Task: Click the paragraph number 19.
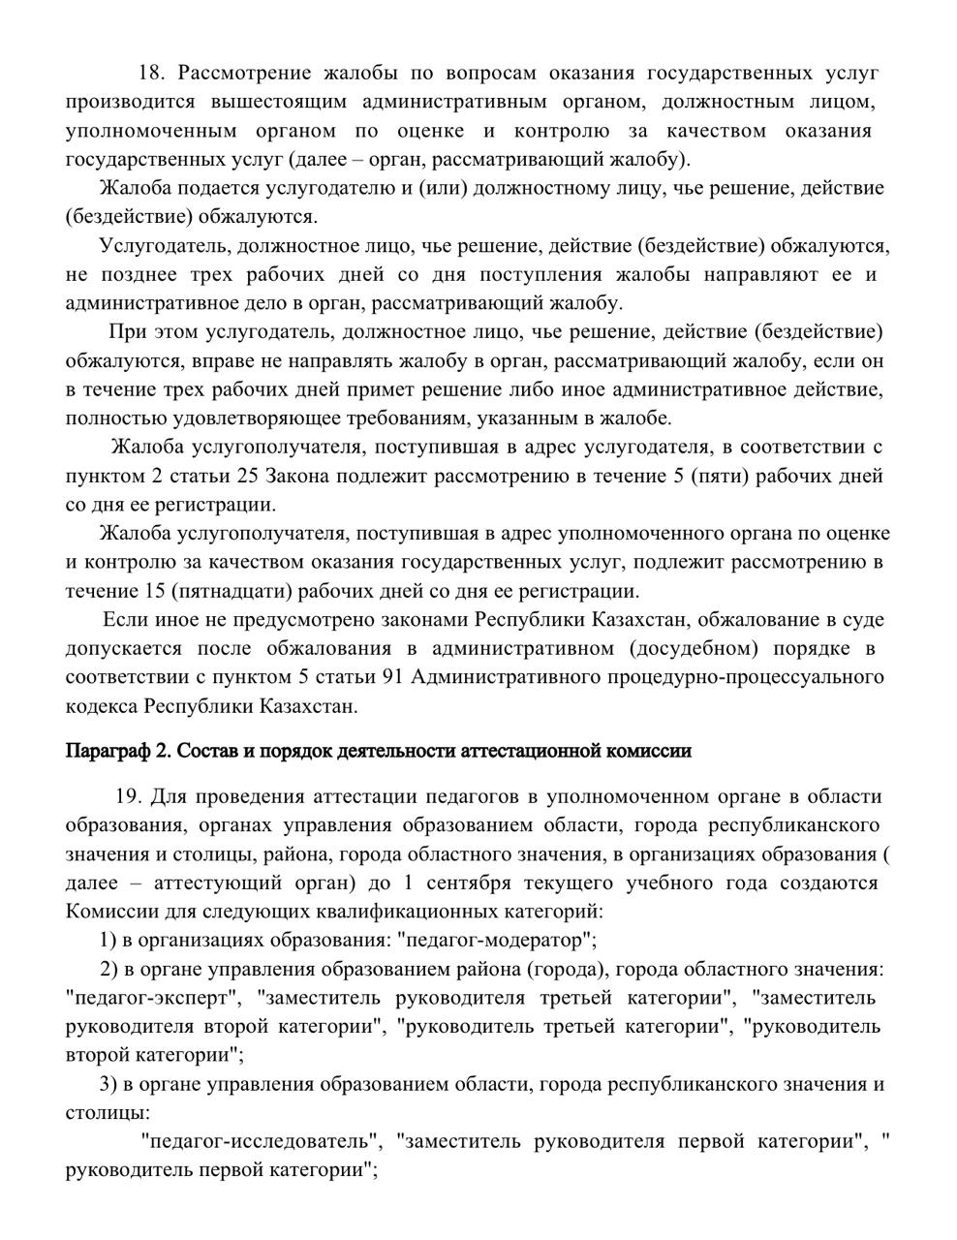click(x=128, y=796)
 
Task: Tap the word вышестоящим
click(x=280, y=102)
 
